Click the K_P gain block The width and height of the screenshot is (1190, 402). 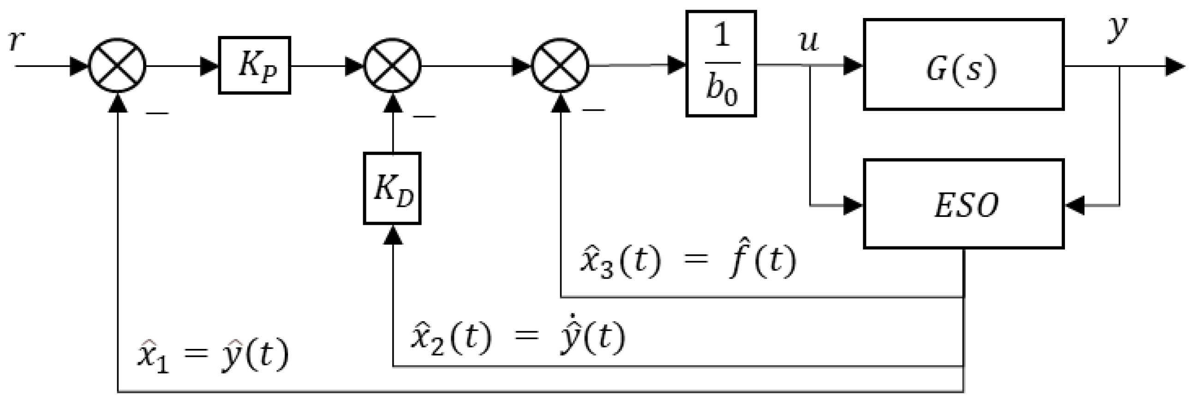[x=254, y=66]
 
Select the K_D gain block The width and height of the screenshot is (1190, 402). [x=392, y=188]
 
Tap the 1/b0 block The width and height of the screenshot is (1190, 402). [x=721, y=64]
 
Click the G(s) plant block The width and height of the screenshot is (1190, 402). [x=963, y=64]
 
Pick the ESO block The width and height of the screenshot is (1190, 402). [x=963, y=204]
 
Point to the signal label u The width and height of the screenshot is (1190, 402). [x=808, y=41]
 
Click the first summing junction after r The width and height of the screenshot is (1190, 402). [x=117, y=66]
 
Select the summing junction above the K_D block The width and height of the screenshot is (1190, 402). [x=392, y=66]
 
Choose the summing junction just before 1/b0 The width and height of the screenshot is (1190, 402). [x=560, y=66]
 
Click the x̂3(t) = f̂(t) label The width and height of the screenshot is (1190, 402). [x=688, y=262]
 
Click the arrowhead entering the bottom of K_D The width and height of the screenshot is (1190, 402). [x=392, y=235]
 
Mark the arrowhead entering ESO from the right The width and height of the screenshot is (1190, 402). [x=1075, y=205]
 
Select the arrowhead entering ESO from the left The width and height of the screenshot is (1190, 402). [x=853, y=205]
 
